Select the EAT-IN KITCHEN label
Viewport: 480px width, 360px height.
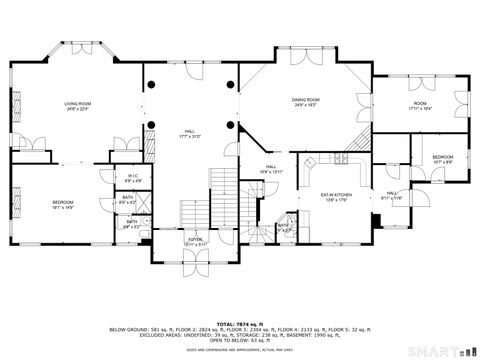tap(334, 197)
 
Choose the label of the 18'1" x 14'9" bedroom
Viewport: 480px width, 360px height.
tap(63, 205)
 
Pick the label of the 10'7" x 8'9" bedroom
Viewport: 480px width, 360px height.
tap(443, 159)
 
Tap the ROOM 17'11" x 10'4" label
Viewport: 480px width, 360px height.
tap(420, 106)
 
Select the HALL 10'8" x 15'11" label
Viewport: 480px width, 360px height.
tap(271, 170)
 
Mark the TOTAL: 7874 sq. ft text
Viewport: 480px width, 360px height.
tap(240, 323)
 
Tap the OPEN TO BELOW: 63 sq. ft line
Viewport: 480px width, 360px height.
tap(240, 341)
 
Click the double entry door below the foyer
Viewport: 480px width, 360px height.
tap(196, 262)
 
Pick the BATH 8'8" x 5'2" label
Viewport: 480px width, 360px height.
tap(131, 225)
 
